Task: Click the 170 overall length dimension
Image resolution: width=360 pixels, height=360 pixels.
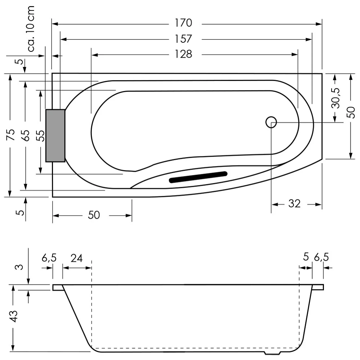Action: (183, 23)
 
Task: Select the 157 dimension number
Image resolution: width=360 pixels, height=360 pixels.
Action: (183, 39)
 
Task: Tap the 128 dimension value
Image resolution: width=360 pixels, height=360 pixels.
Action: (183, 54)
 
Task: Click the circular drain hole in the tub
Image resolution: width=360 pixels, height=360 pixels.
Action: (271, 122)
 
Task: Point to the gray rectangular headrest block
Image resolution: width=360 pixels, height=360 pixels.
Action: (55, 135)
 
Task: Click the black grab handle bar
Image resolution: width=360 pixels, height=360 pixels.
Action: (198, 177)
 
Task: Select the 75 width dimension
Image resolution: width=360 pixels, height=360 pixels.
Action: (10, 135)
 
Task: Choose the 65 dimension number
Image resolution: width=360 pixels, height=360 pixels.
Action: (26, 135)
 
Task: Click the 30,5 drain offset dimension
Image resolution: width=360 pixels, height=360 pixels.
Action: (335, 98)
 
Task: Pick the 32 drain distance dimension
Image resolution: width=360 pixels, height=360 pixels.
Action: (294, 204)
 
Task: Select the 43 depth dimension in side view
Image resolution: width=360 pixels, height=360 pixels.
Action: (13, 316)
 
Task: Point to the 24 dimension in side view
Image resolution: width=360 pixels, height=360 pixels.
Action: (76, 258)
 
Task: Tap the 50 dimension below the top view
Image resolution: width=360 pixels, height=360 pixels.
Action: (94, 215)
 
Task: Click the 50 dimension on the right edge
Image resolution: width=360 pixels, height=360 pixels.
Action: (351, 112)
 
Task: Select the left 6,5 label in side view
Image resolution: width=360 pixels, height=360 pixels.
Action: (49, 258)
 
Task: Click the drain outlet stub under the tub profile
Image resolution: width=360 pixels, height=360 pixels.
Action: (272, 353)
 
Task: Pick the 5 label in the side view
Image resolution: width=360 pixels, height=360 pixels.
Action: (306, 257)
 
